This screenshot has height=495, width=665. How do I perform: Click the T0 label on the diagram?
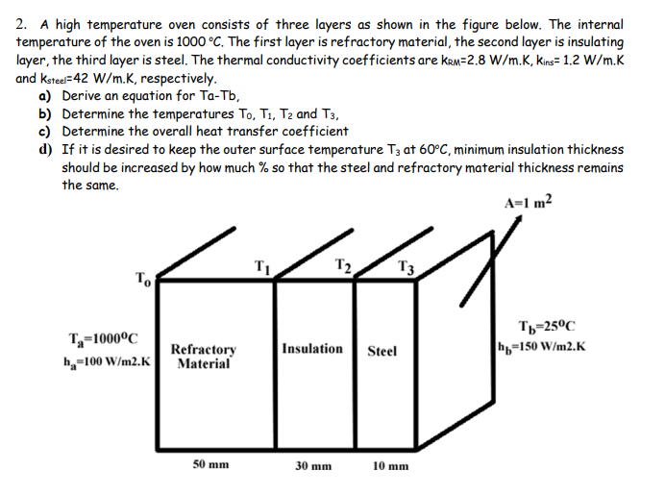click(x=142, y=280)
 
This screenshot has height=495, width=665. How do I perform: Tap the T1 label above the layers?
click(x=262, y=266)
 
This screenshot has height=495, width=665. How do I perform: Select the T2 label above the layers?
click(x=342, y=266)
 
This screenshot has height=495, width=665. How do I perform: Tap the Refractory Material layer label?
click(x=204, y=356)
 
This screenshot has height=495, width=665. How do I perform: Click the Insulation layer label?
click(x=312, y=348)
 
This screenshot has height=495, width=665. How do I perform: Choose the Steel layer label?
click(x=382, y=351)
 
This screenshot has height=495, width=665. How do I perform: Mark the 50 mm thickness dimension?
click(x=211, y=463)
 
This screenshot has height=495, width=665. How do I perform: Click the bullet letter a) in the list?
click(x=44, y=96)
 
